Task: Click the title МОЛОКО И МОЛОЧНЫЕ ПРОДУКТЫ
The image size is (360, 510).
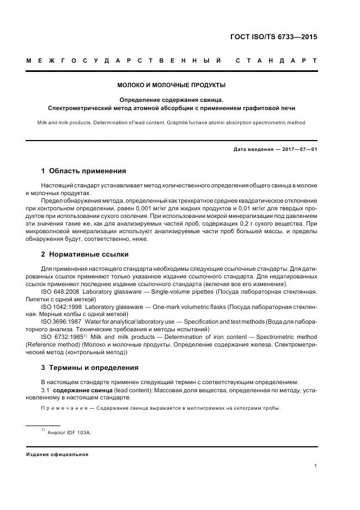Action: (172, 86)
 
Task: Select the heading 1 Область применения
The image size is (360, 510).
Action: (83, 171)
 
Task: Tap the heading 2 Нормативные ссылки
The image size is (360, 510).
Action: (85, 254)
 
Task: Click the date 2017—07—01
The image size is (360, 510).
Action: (297, 149)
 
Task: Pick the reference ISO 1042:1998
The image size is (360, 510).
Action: (62, 307)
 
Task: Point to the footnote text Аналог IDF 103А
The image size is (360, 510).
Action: (70, 432)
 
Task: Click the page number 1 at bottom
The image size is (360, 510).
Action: (315, 466)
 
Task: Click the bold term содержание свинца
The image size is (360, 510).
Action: (83, 390)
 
